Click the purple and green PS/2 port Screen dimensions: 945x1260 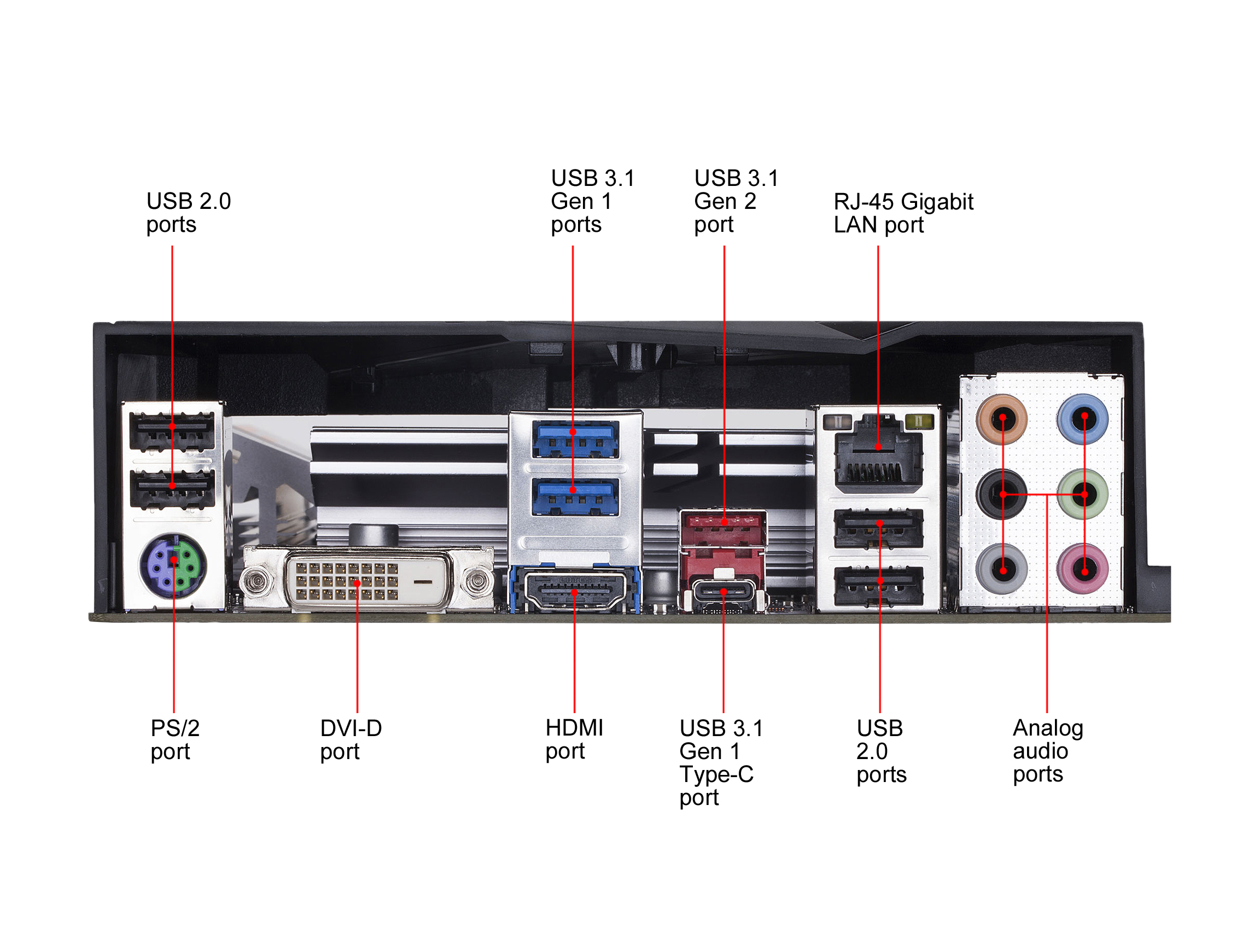point(173,565)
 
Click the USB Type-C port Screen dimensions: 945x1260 point(723,592)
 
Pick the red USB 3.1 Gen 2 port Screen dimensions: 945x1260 point(723,522)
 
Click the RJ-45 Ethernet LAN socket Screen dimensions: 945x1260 point(878,456)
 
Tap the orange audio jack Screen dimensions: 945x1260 point(1001,419)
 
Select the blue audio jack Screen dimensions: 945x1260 point(1083,419)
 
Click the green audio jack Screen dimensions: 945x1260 point(1083,494)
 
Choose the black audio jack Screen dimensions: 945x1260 point(1001,494)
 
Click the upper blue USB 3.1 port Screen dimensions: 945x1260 point(575,437)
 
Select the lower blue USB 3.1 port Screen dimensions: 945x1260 point(575,495)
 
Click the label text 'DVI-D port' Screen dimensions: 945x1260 point(351,739)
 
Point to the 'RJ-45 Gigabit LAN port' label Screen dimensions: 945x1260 point(903,213)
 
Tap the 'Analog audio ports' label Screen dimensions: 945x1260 point(1047,750)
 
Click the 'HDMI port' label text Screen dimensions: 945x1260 point(574,739)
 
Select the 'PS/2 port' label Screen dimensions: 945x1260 point(174,739)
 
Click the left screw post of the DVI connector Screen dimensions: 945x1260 point(256,580)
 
